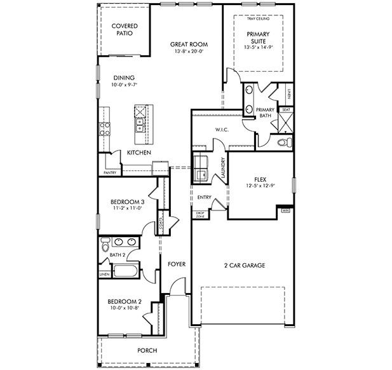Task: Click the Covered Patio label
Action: click(125, 29)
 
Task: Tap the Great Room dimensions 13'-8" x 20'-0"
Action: click(189, 52)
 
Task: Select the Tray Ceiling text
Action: click(259, 19)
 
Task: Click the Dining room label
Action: click(124, 78)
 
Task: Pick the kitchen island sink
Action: click(139, 114)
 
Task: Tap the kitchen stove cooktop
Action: click(105, 129)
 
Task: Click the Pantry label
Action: click(110, 172)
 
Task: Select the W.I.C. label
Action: click(222, 130)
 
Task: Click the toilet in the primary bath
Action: click(286, 141)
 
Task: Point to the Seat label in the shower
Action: click(286, 109)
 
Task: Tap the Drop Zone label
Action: click(199, 215)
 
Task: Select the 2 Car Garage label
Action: click(244, 265)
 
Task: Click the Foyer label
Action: click(177, 264)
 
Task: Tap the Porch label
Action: click(147, 350)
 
